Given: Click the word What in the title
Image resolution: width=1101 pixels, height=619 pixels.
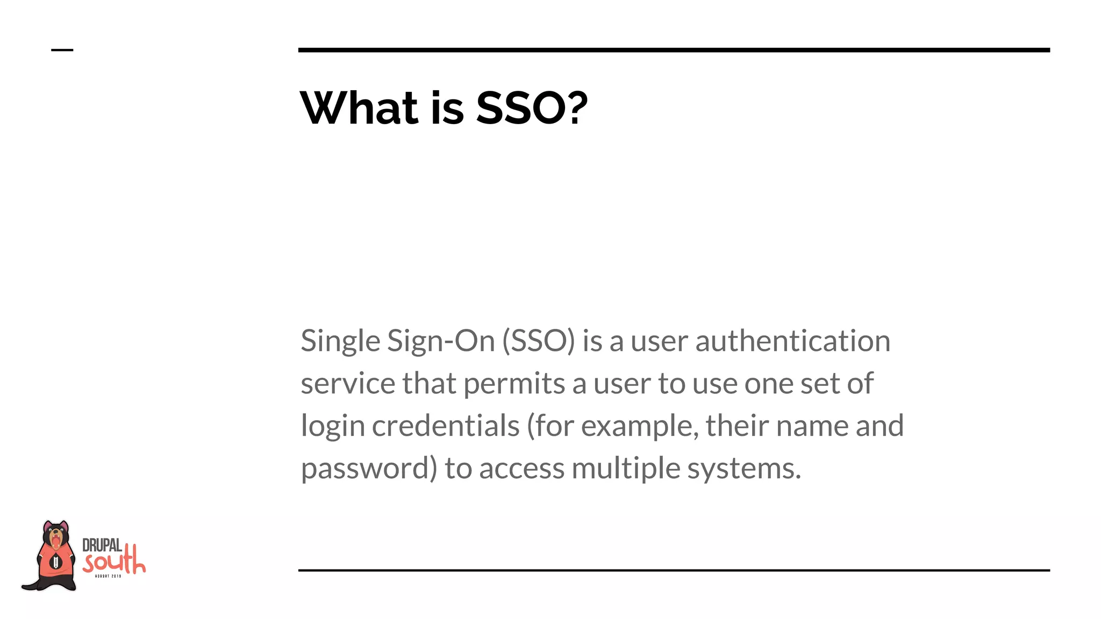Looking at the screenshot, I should pos(359,108).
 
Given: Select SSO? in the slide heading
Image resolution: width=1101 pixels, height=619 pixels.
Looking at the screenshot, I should pos(532,108).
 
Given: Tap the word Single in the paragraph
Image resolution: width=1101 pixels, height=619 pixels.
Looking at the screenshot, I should pos(340,341).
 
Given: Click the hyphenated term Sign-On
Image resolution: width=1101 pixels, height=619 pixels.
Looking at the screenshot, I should pos(441,341).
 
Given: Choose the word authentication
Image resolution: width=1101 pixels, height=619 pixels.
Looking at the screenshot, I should pos(792,341).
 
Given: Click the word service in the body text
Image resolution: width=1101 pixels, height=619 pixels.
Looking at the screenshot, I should pos(348,384).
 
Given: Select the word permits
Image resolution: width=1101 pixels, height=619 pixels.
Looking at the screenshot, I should pos(514,384).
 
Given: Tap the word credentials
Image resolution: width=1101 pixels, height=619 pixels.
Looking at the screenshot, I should pos(446,426).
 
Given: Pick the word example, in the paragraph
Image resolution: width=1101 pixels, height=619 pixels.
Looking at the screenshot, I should pos(640,427).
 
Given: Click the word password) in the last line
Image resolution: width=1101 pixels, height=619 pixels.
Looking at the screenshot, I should pos(369,469).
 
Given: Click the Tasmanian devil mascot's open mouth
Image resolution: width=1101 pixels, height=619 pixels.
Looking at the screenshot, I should pos(55,538).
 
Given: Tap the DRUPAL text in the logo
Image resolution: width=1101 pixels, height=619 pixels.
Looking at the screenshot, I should pos(102,546).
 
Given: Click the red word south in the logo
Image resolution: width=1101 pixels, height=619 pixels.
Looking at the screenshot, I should pos(114,562).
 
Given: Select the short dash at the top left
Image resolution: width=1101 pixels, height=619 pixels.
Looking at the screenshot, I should pos(62,50).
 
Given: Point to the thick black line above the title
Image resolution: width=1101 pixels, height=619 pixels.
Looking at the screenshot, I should pos(674,50).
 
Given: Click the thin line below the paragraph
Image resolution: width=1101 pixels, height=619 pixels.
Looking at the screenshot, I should pos(674,570).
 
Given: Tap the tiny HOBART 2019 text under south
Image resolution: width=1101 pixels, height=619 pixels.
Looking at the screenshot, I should pos(108,576).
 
